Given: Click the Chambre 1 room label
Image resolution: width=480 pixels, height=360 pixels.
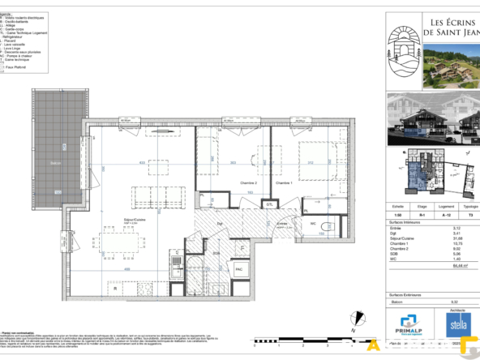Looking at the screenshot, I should (283, 183).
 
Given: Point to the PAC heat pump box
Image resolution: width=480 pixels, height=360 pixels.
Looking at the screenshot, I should (239, 267).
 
